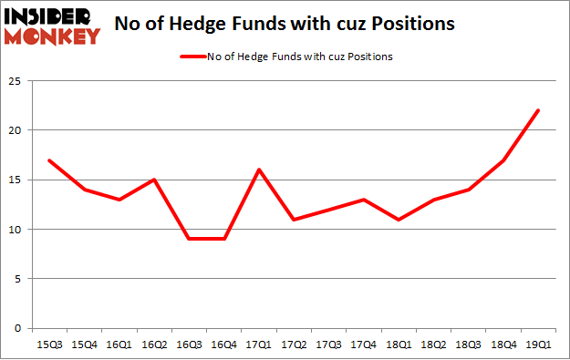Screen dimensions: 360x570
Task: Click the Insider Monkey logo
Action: pos(51,26)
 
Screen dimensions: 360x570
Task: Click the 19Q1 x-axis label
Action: pos(538,345)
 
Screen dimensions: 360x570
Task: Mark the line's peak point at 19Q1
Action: pos(538,110)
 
